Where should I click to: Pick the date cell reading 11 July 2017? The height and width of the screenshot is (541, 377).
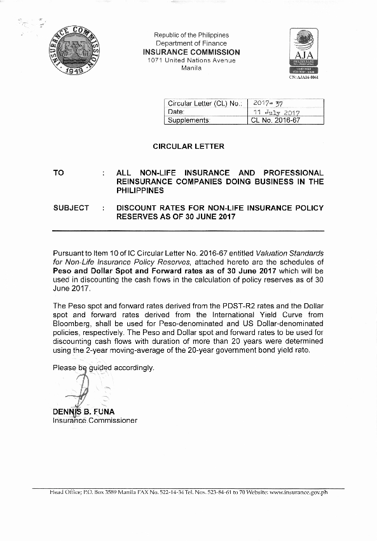[x=277, y=112]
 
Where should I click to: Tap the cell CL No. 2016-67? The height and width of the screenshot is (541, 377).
[x=276, y=120]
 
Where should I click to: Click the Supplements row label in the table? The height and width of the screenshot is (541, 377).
[x=188, y=120]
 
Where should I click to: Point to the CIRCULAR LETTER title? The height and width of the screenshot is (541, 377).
[x=188, y=146]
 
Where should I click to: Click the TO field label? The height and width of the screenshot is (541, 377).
[x=58, y=173]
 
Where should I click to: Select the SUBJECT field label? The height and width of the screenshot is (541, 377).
[x=71, y=208]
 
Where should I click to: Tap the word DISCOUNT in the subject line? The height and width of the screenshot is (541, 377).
[x=138, y=208]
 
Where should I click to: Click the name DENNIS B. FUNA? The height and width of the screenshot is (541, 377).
[x=83, y=411]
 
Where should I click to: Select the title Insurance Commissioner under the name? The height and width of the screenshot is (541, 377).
[x=95, y=420]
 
